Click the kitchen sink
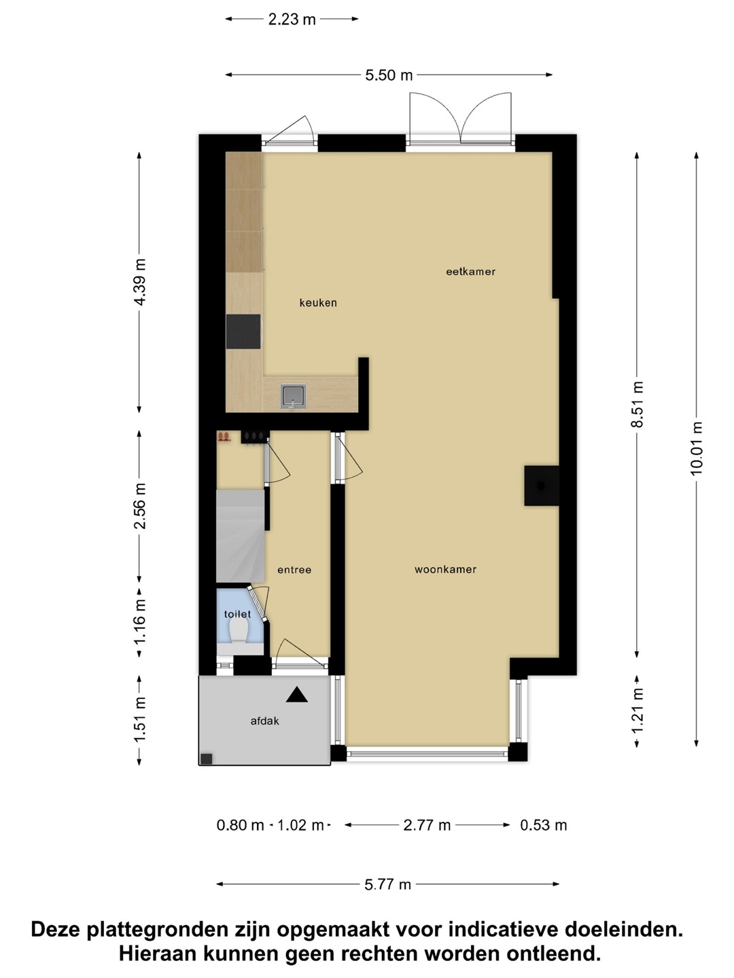tap(293, 396)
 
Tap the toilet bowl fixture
tap(239, 632)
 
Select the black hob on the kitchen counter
tap(243, 331)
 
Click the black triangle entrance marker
tap(297, 695)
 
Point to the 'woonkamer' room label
tap(446, 569)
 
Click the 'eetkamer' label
tap(470, 272)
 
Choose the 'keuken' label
tap(318, 302)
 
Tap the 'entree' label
tap(294, 570)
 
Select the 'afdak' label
tap(265, 721)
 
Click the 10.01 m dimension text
tap(696, 449)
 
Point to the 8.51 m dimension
tap(637, 404)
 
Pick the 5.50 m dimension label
tap(389, 75)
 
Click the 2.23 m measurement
tap(292, 19)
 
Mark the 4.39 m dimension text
tap(139, 282)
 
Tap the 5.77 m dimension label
tap(387, 884)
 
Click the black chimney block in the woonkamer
tap(542, 486)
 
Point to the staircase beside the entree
tap(241, 536)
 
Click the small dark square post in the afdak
tap(207, 759)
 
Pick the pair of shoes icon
tap(224, 436)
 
